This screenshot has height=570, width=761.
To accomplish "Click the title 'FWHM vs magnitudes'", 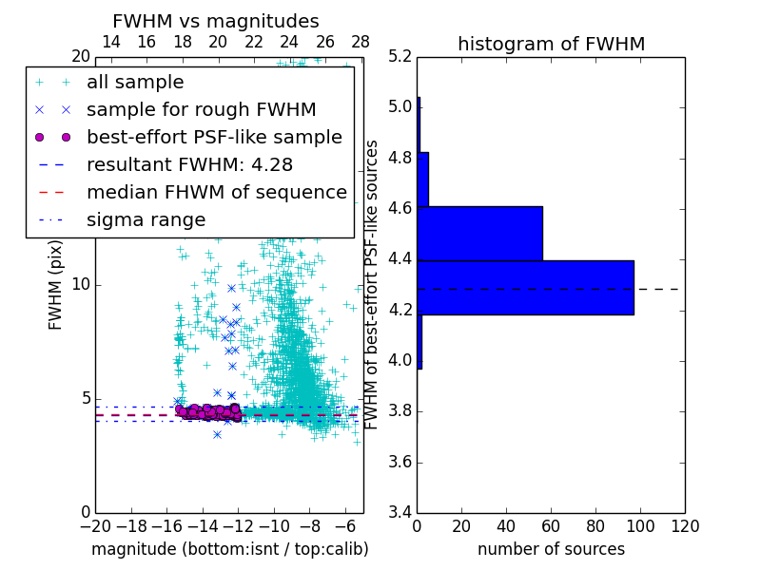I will coord(216,22).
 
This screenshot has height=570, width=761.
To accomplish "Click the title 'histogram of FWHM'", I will coord(551,45).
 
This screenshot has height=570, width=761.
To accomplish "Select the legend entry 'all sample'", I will coord(135,83).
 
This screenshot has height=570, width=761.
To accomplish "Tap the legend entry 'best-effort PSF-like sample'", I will coord(214,138).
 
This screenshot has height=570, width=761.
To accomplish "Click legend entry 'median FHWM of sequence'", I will coord(216,193).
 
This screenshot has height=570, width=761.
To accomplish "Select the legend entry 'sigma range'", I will coord(146,220).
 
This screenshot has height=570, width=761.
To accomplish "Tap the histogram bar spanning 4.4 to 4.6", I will coord(479,233).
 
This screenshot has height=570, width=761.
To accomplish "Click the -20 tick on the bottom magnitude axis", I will coord(93,526).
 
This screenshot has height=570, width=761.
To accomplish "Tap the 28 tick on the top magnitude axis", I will coord(361,43).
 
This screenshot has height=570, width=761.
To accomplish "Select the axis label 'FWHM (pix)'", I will coord(56,285).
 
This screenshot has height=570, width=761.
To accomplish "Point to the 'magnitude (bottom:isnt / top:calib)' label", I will coord(229,549).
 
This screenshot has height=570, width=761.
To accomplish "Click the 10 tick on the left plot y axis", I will coord(81,285).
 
